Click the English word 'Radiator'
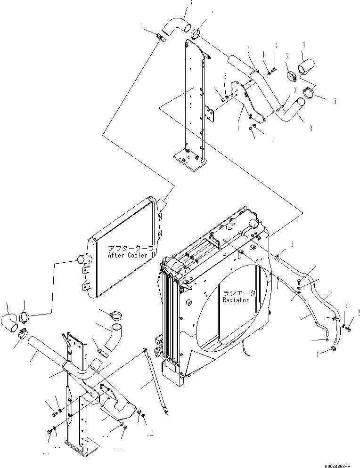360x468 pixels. (239, 299)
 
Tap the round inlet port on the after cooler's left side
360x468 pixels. (82, 258)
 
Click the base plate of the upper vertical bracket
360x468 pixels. (190, 158)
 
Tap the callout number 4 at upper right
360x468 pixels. (303, 45)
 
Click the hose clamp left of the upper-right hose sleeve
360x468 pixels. (292, 75)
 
